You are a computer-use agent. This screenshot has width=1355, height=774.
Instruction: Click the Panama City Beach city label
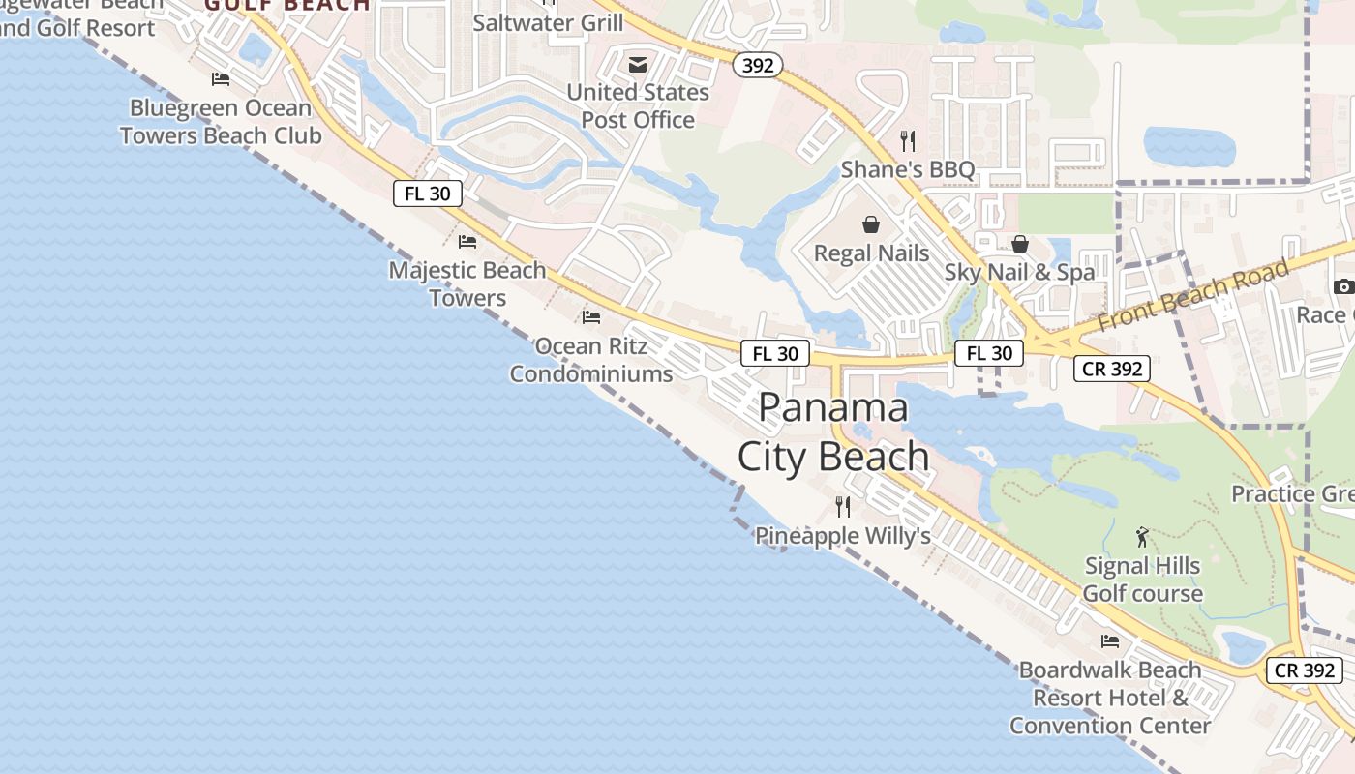click(833, 432)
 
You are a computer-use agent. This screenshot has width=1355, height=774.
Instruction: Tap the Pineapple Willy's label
click(842, 536)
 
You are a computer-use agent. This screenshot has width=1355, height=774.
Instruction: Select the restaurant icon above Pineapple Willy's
click(843, 506)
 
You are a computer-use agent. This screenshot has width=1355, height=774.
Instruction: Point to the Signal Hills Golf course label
click(1142, 580)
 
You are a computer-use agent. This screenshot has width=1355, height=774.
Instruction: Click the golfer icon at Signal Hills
click(1142, 537)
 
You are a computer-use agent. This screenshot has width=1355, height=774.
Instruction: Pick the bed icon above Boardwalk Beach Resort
click(1110, 640)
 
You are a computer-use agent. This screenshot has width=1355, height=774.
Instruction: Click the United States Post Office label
click(638, 106)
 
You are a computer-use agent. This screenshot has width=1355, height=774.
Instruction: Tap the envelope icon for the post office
click(638, 65)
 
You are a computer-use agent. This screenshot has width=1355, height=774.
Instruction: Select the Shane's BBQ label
click(907, 170)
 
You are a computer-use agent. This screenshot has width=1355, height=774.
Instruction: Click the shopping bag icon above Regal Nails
click(871, 224)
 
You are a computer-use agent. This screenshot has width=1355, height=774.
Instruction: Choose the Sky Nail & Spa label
click(1019, 272)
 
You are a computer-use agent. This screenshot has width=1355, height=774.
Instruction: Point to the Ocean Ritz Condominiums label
click(591, 360)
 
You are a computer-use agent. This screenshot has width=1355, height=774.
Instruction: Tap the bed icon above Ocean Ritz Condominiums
click(591, 316)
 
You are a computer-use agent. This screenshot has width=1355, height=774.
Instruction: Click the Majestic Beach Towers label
click(467, 283)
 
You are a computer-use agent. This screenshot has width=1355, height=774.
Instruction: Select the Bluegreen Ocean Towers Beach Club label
click(221, 121)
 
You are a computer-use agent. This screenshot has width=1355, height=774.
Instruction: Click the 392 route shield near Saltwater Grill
click(757, 65)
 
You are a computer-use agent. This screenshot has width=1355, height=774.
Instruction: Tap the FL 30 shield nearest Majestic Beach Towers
click(428, 193)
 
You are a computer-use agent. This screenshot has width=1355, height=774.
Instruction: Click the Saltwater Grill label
click(548, 22)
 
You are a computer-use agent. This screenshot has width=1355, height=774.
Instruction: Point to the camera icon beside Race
click(1343, 286)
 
